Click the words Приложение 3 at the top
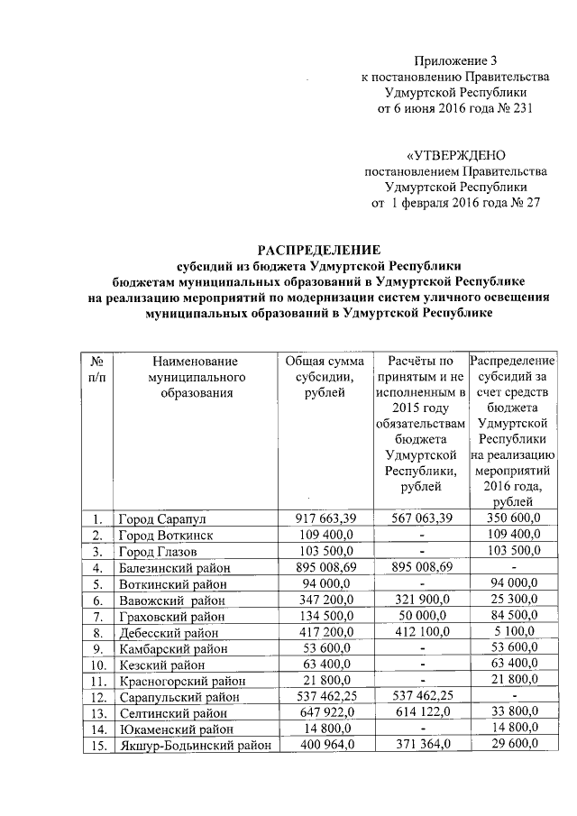click(455, 60)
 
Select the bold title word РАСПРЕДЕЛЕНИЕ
click(319, 249)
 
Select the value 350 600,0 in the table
click(512, 519)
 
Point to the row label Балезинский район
click(174, 567)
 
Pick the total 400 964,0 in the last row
click(326, 745)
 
